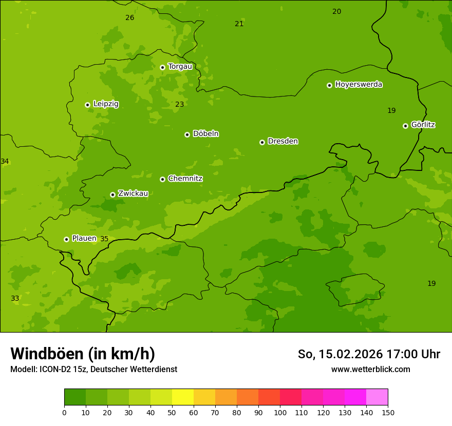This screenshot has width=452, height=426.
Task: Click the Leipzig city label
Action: (x=106, y=104)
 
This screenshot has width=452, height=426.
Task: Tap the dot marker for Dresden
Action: (x=262, y=142)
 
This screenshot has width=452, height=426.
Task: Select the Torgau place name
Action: (x=180, y=66)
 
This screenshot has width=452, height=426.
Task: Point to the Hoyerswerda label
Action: (x=359, y=84)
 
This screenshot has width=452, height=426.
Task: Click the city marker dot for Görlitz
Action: (x=405, y=126)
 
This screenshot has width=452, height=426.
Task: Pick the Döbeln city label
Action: (x=205, y=133)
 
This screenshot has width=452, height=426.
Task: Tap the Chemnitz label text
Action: (x=185, y=179)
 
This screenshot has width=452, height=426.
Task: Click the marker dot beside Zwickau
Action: (x=112, y=195)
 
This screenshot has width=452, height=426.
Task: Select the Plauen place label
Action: (x=84, y=238)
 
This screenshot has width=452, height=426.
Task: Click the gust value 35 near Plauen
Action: (x=104, y=239)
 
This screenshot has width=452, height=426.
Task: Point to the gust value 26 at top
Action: (x=130, y=17)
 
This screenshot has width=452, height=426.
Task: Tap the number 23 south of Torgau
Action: (x=179, y=104)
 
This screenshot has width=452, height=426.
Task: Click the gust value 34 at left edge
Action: (x=5, y=161)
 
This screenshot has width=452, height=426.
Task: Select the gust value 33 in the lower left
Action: (x=15, y=298)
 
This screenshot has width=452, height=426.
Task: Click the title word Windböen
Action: (x=46, y=354)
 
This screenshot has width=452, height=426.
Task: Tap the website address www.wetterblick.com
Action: (x=370, y=369)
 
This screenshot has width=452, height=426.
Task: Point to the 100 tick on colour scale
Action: (x=280, y=412)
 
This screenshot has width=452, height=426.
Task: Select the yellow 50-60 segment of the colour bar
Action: (x=183, y=397)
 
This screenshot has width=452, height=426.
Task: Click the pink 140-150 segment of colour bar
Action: (x=377, y=397)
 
